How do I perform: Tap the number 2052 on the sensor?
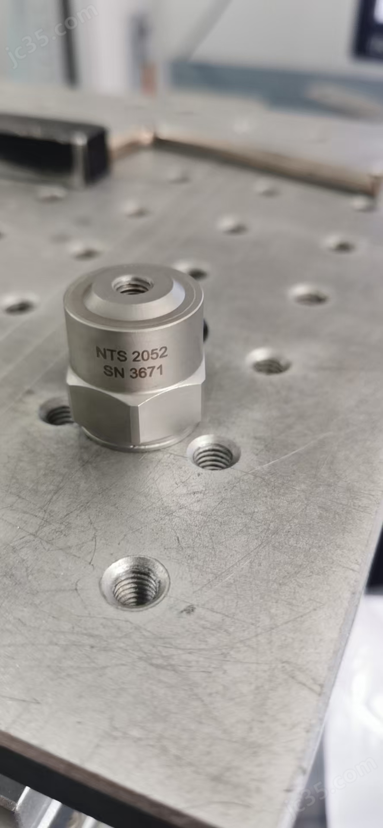[x=149, y=354]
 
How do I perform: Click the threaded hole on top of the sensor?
[x=131, y=285]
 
